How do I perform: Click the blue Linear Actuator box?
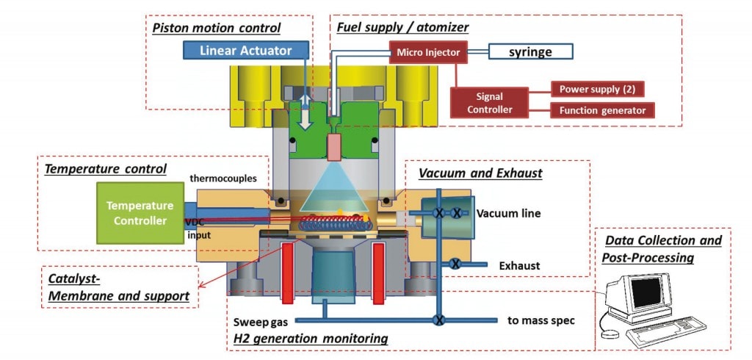pyautogui.click(x=245, y=51)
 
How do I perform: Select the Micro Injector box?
pyautogui.click(x=428, y=52)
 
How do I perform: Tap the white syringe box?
pyautogui.click(x=530, y=52)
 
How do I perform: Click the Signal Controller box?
pyautogui.click(x=490, y=103)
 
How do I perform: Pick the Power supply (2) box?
pyautogui.click(x=596, y=89)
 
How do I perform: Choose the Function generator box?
pyautogui.click(x=602, y=110)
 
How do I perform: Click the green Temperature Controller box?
pyautogui.click(x=140, y=213)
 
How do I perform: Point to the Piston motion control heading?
pyautogui.click(x=217, y=28)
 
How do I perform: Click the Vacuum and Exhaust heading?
pyautogui.click(x=480, y=173)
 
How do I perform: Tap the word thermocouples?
pyautogui.click(x=223, y=179)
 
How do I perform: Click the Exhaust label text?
pyautogui.click(x=519, y=265)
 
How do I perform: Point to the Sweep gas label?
pyautogui.click(x=261, y=322)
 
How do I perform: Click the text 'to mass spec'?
pyautogui.click(x=541, y=320)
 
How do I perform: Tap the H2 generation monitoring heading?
pyautogui.click(x=311, y=339)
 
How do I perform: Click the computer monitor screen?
pyautogui.click(x=646, y=292)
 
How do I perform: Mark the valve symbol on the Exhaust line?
pyautogui.click(x=455, y=264)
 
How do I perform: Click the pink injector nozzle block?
pyautogui.click(x=334, y=147)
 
